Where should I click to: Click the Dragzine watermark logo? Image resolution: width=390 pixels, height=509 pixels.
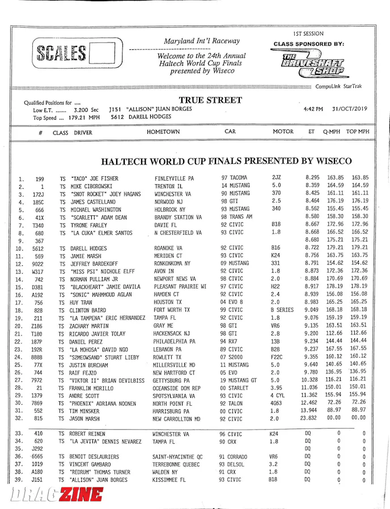point(57,495)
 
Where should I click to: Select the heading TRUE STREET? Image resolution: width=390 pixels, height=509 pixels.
point(210,100)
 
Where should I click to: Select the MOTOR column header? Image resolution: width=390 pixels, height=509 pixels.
point(283,132)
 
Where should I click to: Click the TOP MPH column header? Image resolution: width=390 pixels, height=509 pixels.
point(357,132)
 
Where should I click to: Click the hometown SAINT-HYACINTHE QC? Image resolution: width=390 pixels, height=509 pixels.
point(178,456)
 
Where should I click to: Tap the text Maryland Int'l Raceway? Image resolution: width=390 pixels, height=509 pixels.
point(202,41)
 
